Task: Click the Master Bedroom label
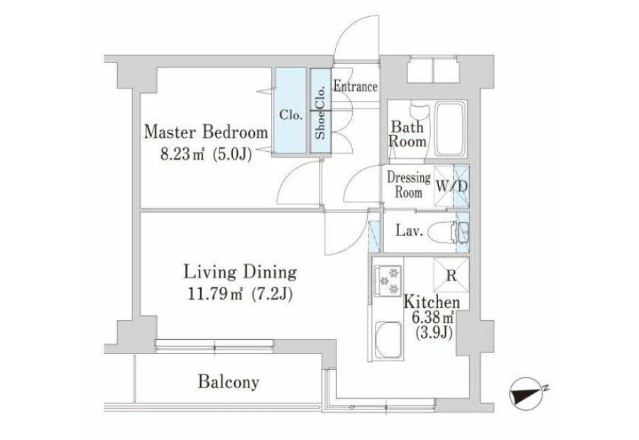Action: point(206,133)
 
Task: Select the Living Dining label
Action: point(240,273)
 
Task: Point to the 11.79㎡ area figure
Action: point(214,294)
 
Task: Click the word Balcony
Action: point(229,383)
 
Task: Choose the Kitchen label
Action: point(431,302)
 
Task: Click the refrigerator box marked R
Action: point(451,275)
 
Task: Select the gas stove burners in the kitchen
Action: point(388,280)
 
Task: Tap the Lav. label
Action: point(409,231)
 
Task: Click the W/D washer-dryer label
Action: point(452,187)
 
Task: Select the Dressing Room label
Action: point(409,185)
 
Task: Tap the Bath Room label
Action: point(408,134)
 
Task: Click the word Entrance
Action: point(356,87)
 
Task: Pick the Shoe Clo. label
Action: point(321,111)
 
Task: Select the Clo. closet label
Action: point(291,115)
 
